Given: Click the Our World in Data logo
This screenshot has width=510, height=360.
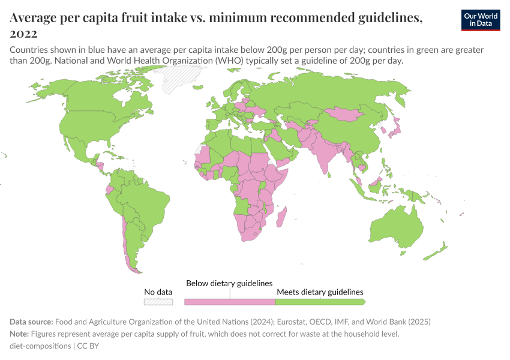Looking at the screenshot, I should click(480, 20).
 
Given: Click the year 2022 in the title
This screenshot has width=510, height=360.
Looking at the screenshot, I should click(23, 34).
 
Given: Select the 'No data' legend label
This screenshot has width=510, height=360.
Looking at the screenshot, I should click(158, 292).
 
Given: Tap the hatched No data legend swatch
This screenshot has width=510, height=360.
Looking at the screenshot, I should click(158, 302).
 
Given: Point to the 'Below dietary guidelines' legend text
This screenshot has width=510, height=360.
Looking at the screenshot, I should click(229, 283).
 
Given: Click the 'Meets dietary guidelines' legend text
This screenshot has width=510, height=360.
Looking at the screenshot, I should click(320, 292).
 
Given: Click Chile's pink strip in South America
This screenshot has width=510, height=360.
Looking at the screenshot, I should click(126, 240).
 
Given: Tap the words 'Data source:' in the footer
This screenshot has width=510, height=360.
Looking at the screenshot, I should click(32, 322).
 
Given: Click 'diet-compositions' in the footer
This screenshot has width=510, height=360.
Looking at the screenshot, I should click(40, 346).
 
